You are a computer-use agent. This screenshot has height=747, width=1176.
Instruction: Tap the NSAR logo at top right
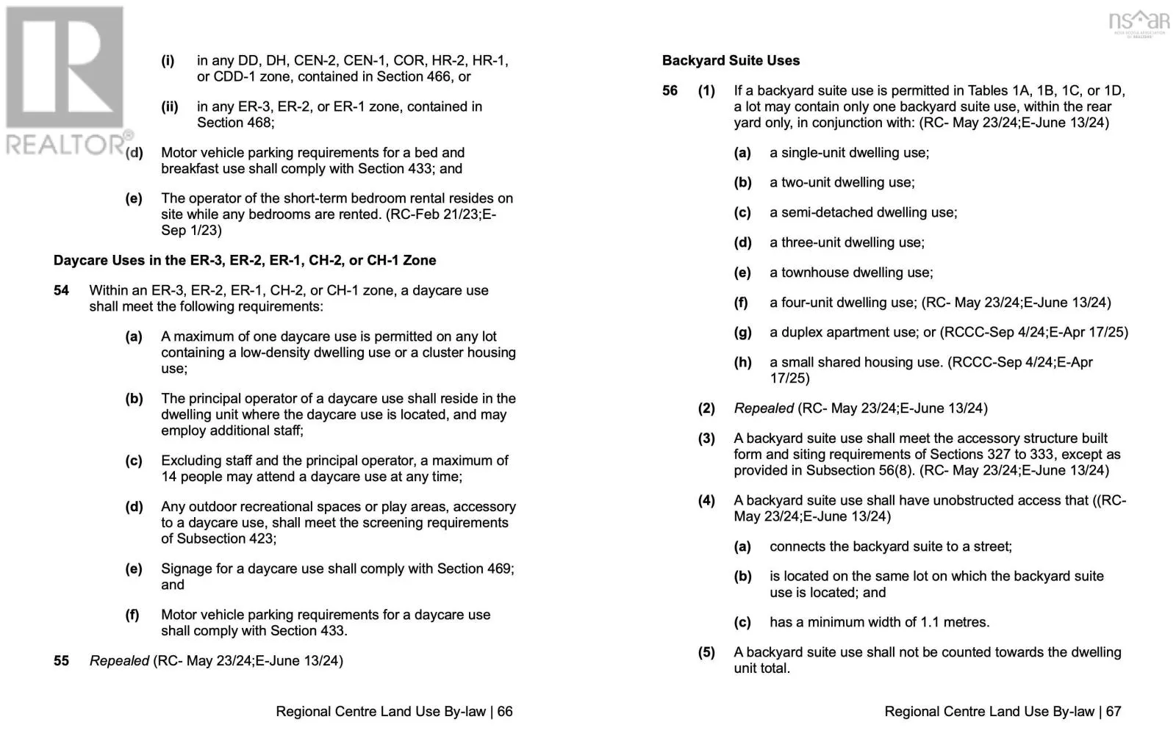1139,22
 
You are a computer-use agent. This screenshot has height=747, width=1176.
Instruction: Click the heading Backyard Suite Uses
731,61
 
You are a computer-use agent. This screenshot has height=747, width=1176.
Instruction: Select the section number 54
62,291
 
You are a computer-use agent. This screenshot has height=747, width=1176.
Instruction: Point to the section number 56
670,91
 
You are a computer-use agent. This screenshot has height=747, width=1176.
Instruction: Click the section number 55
62,661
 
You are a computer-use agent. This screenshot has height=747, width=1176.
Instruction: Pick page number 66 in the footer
505,712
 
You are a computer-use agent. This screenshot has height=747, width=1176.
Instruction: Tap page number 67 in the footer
1114,712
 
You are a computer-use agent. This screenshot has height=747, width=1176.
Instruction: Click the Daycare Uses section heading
245,261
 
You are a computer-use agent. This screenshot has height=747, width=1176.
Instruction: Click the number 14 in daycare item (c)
169,477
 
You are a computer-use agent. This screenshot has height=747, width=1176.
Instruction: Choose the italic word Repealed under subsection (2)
764,408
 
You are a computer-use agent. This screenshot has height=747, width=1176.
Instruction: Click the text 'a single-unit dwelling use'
848,153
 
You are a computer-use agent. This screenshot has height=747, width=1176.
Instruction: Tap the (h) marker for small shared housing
742,362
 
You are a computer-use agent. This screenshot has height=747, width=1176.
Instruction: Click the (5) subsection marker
706,652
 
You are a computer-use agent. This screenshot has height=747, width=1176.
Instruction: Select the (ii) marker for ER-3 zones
170,107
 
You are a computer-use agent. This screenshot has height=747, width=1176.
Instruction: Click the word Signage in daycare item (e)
186,569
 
